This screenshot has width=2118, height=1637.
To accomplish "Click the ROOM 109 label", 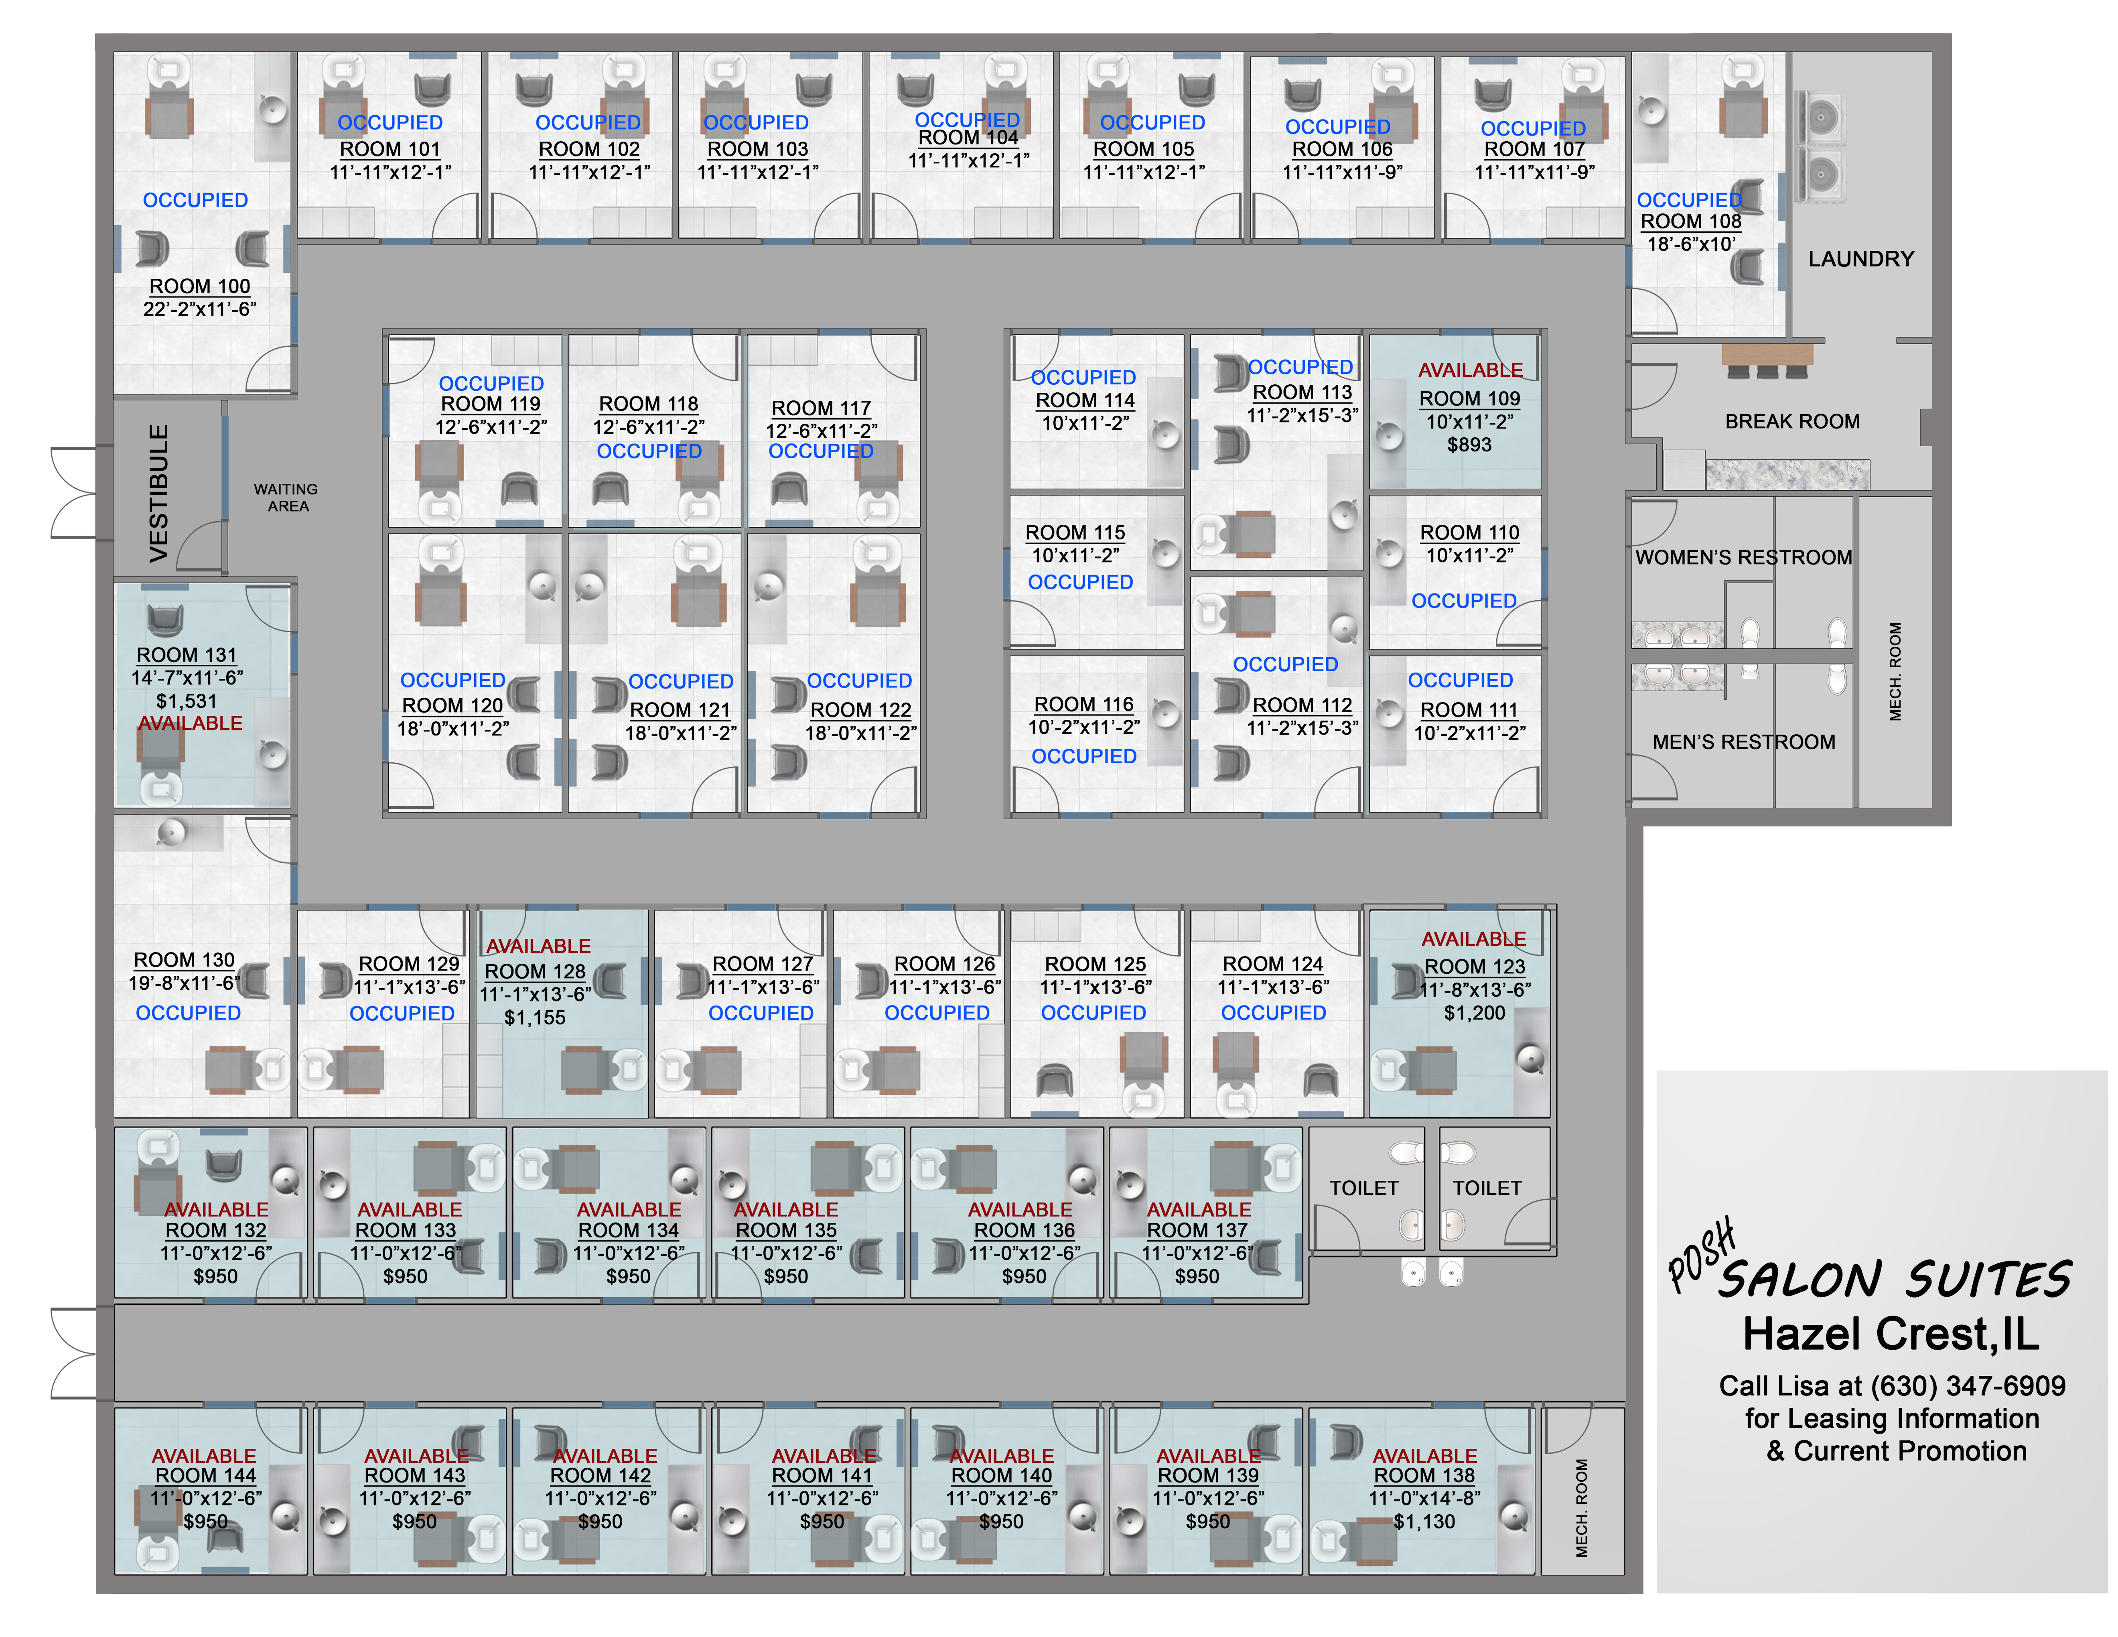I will pyautogui.click(x=1469, y=398).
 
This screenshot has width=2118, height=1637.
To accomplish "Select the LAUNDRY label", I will pyautogui.click(x=1860, y=259).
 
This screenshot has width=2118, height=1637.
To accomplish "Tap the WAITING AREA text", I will pyautogui.click(x=286, y=498).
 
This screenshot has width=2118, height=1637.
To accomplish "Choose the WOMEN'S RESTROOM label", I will pyautogui.click(x=1743, y=558).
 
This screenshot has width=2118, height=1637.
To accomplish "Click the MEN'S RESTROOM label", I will pyautogui.click(x=1743, y=742).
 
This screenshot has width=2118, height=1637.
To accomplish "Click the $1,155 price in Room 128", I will pyautogui.click(x=534, y=1017).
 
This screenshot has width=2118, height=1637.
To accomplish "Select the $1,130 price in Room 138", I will pyautogui.click(x=1424, y=1521).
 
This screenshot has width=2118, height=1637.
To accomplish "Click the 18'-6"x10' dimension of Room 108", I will pyautogui.click(x=1690, y=244).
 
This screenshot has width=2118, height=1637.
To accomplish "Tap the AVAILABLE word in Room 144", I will pyautogui.click(x=204, y=1456).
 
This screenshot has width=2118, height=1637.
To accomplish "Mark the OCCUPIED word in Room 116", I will pyautogui.click(x=1083, y=756).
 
